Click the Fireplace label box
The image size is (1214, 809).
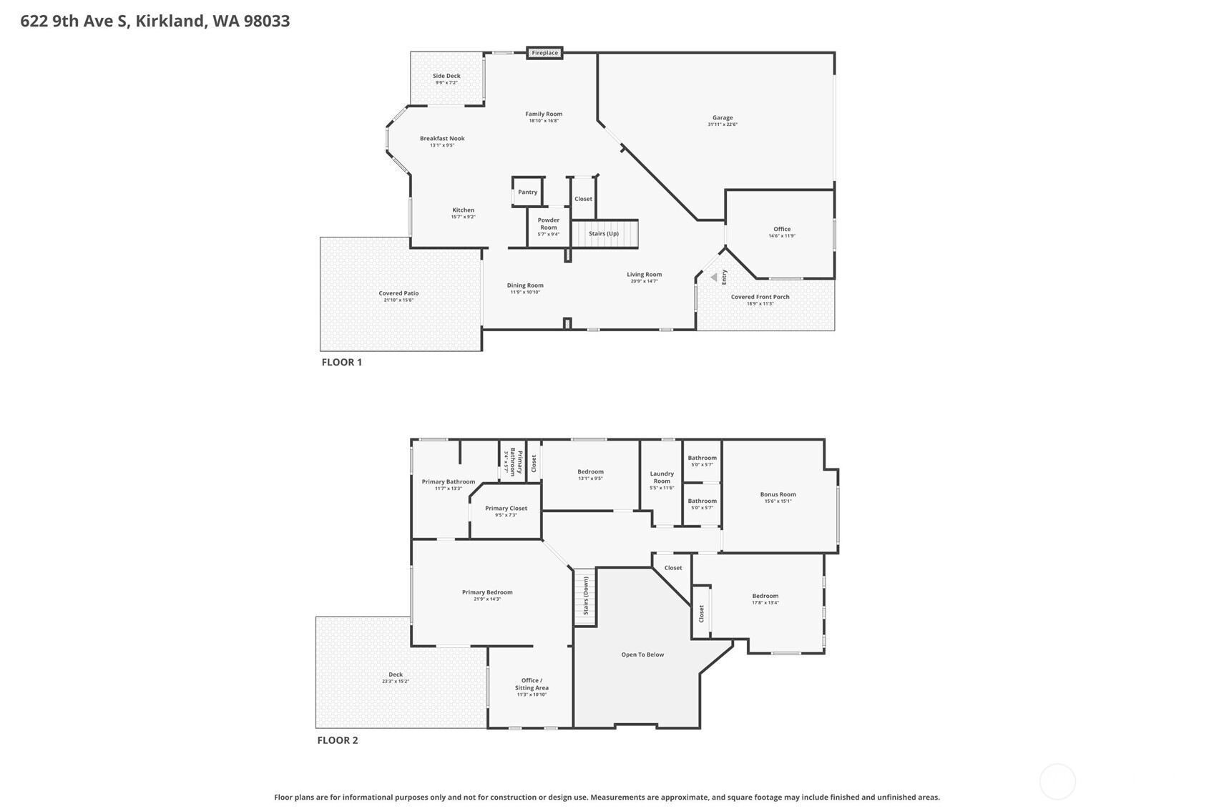544,53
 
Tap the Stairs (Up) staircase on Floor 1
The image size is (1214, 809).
604,234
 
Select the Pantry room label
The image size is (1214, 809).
527,192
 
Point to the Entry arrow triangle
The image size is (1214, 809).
713,278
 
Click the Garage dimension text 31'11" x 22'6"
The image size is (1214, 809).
723,124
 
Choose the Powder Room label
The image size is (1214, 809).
549,224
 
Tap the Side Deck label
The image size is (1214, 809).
446,76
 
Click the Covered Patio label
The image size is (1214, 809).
398,293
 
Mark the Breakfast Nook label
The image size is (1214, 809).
442,139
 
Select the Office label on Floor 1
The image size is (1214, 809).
782,229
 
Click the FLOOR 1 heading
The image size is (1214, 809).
342,362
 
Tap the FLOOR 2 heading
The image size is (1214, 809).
338,740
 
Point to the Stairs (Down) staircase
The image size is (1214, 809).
585,596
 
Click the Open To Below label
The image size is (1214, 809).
642,654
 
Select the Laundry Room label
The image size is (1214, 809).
662,477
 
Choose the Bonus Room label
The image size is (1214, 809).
778,494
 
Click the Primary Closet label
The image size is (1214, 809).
506,509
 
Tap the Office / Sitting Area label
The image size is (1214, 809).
531,684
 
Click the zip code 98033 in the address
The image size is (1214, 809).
267,21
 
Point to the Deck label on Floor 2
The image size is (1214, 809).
396,675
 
